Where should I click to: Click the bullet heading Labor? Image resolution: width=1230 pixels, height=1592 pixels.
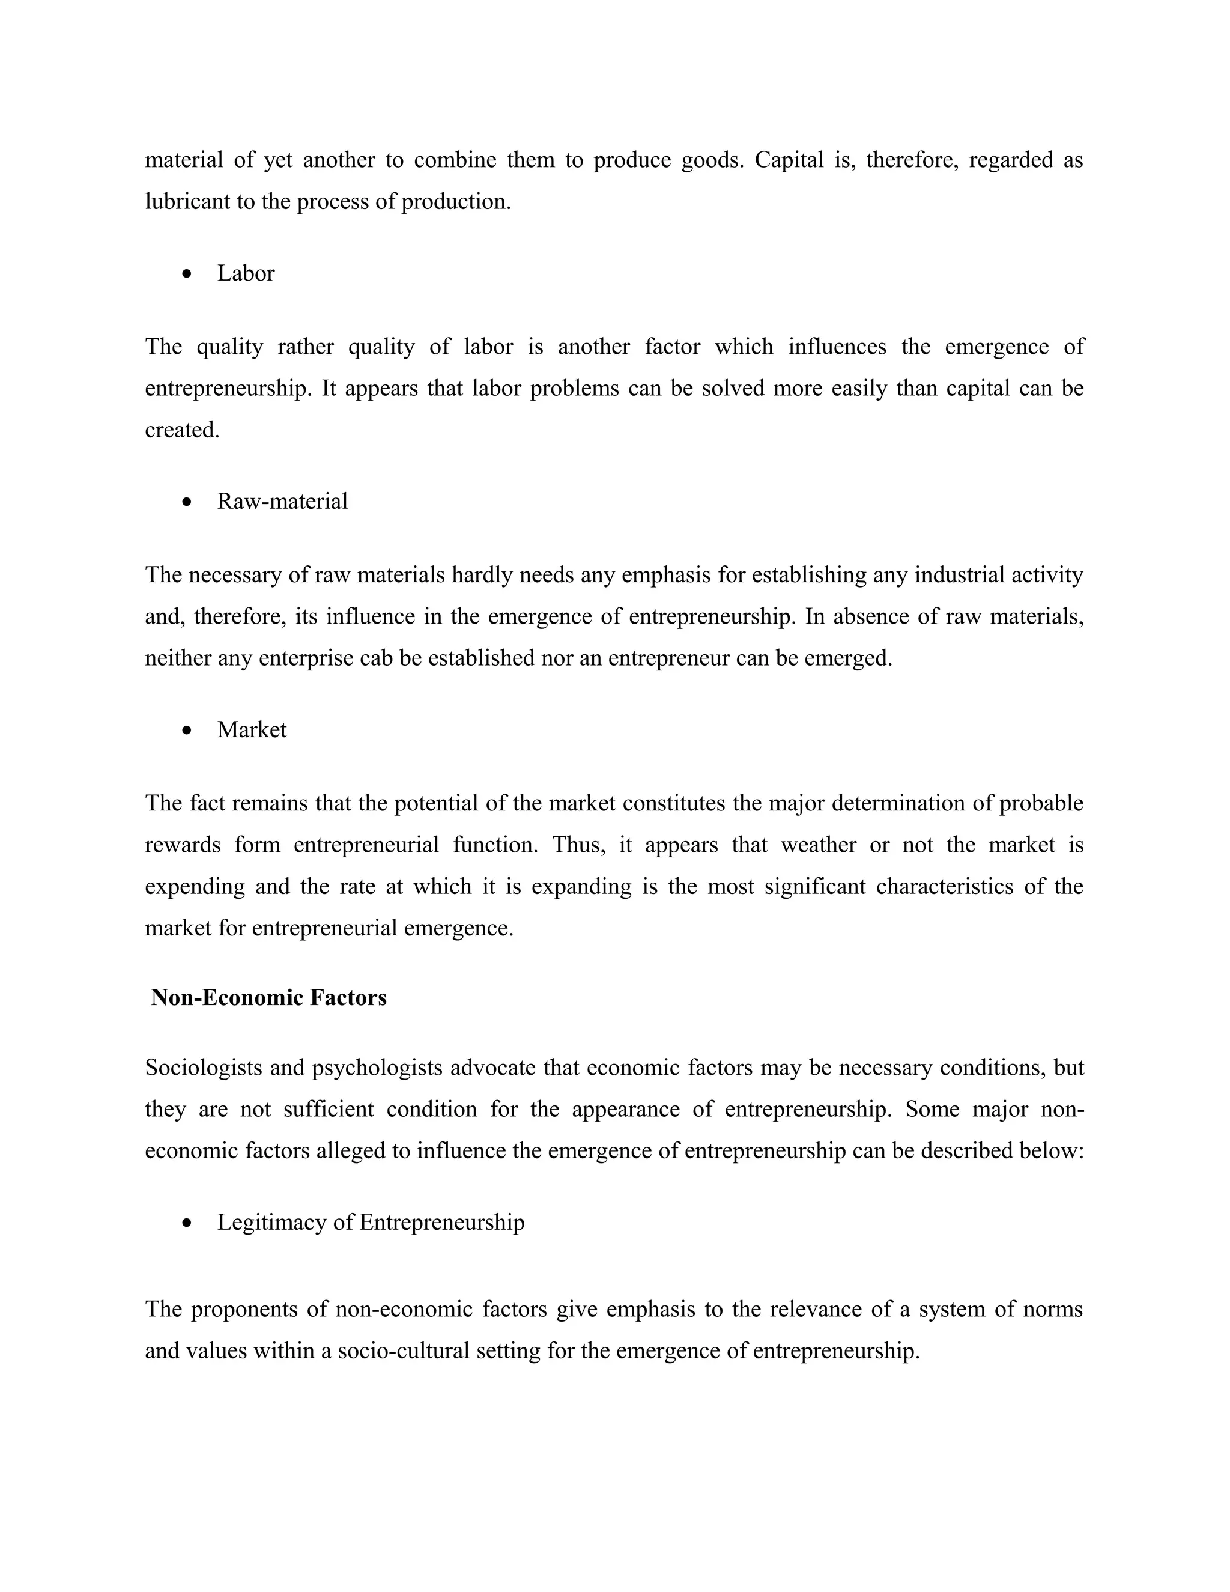[x=246, y=273]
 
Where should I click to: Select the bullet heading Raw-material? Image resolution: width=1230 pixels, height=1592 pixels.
[x=282, y=502]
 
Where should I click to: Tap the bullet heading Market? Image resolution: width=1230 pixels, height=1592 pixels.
[x=252, y=730]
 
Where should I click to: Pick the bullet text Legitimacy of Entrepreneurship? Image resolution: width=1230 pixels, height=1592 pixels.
[x=370, y=1222]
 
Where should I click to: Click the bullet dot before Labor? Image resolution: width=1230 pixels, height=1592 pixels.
[x=188, y=274]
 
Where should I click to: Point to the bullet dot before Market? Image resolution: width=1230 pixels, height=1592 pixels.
[x=188, y=731]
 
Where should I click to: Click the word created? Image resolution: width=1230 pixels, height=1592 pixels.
[x=181, y=430]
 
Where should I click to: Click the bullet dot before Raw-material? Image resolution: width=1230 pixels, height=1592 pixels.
[x=188, y=502]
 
